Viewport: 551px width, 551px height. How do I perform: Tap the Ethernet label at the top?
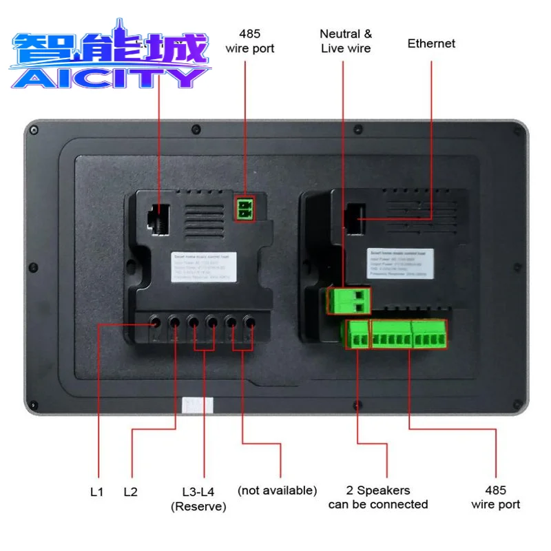click(x=431, y=43)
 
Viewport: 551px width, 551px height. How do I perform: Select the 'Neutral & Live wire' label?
click(x=346, y=41)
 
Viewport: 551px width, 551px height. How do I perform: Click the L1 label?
click(x=96, y=492)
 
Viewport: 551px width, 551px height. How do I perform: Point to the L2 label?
click(x=131, y=492)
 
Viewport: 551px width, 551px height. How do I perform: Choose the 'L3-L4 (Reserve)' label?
click(x=198, y=499)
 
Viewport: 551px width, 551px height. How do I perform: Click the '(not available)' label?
click(x=277, y=490)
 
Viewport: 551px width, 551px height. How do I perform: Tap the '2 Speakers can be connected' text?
click(x=378, y=497)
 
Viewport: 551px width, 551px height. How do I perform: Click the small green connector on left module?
click(x=245, y=207)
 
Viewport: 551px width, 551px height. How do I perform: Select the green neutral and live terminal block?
click(x=349, y=298)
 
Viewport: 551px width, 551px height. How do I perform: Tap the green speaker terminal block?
click(x=357, y=335)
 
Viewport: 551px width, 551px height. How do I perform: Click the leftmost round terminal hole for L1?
click(x=156, y=321)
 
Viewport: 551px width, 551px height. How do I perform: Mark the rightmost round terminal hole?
click(x=250, y=321)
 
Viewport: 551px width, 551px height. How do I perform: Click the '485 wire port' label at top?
click(x=249, y=41)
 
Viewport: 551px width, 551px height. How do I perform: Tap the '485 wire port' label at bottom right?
click(x=495, y=497)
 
